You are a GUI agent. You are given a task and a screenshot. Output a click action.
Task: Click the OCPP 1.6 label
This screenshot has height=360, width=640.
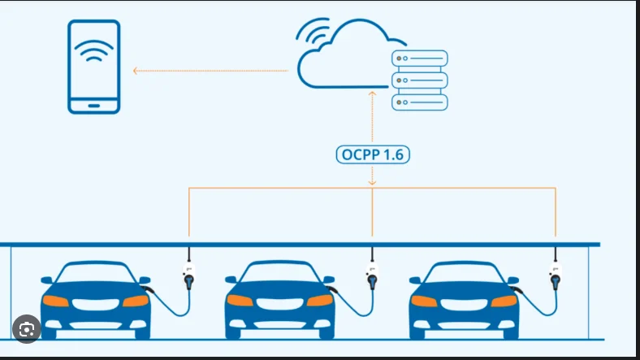coord(373,154)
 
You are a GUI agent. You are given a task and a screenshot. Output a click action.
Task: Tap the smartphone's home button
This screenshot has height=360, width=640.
coord(94,106)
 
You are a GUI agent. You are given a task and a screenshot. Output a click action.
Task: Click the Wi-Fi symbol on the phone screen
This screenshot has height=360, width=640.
coord(94,50)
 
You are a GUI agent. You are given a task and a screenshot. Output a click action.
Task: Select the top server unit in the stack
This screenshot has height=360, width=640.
coord(420,59)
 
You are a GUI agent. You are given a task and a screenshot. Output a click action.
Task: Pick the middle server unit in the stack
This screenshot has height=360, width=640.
coord(420,80)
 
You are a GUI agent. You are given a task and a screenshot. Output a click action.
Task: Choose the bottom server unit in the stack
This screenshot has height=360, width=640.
coord(420,102)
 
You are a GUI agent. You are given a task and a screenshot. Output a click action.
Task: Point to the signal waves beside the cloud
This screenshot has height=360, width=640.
coord(314,31)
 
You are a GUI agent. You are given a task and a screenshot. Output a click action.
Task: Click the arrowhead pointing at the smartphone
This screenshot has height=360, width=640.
coord(136,71)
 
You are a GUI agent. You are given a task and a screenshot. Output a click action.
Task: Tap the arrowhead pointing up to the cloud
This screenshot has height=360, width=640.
coord(372,94)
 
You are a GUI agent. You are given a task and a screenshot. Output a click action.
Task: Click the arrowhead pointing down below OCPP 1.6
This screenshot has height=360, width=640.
coord(372,183)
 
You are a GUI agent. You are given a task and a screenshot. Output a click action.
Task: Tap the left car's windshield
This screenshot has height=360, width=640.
coord(95,273)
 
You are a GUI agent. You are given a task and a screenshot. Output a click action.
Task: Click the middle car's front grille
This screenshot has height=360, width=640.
coord(280,304)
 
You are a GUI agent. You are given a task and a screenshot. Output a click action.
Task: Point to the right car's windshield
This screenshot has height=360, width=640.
coord(464,273)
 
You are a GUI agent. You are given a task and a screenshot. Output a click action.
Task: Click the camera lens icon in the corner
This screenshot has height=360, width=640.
coord(27,329)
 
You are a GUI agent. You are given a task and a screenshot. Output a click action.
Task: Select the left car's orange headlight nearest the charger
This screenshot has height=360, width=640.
coord(136,301)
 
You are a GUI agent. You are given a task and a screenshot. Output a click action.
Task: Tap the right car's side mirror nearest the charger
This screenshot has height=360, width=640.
coord(513,280)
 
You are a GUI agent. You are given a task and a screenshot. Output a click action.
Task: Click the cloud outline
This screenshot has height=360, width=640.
coord(343,86)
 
